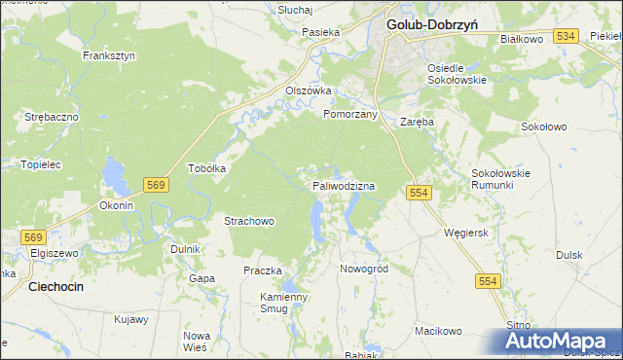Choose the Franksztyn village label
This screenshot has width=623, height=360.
click(109, 55)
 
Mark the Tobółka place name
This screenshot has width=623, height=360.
click(206, 167)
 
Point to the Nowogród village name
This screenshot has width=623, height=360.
click(364, 268)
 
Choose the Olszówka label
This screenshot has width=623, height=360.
click(309, 90)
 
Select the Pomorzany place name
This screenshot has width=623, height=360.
click(350, 114)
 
